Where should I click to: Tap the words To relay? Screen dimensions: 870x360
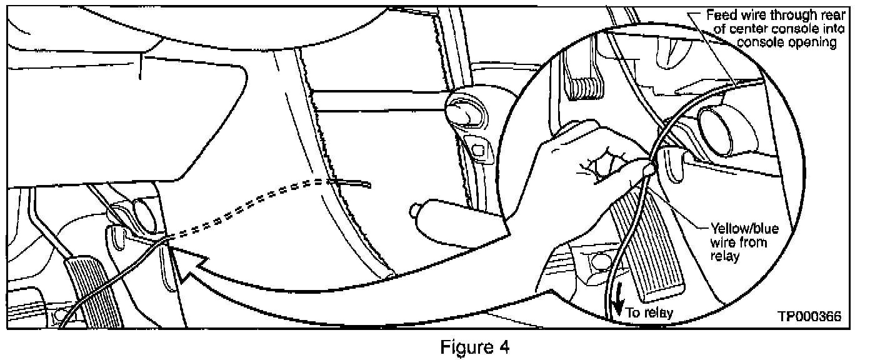(649, 312)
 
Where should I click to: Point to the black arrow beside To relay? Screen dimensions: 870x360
(617, 306)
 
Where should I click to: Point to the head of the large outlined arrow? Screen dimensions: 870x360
(181, 269)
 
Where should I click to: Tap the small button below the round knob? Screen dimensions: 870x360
(479, 149)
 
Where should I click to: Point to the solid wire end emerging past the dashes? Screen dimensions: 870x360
(356, 183)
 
